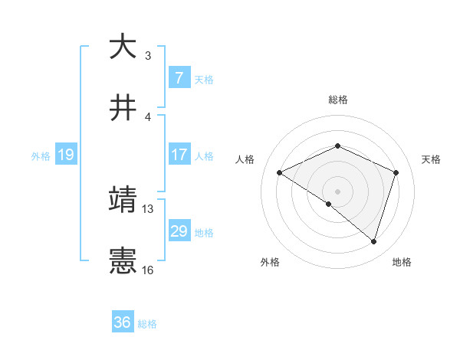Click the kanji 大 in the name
pyautogui.click(x=123, y=47)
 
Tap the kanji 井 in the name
pyautogui.click(x=123, y=108)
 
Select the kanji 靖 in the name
pyautogui.click(x=123, y=200)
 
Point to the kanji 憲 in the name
pyautogui.click(x=123, y=261)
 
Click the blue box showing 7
pyautogui.click(x=179, y=77)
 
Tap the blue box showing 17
pyautogui.click(x=179, y=155)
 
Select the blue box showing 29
pyautogui.click(x=179, y=231)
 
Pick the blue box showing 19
pyautogui.click(x=65, y=155)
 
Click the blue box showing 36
pyautogui.click(x=123, y=322)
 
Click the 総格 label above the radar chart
pyautogui.click(x=338, y=100)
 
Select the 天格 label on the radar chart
pyautogui.click(x=432, y=159)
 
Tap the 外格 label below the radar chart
pyautogui.click(x=270, y=262)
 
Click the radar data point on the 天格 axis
pyautogui.click(x=396, y=172)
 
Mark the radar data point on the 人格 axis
pyautogui.click(x=280, y=172)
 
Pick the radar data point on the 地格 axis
pyautogui.click(x=374, y=241)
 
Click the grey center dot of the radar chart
pyautogui.click(x=338, y=191)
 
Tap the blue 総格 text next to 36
pyautogui.click(x=148, y=324)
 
